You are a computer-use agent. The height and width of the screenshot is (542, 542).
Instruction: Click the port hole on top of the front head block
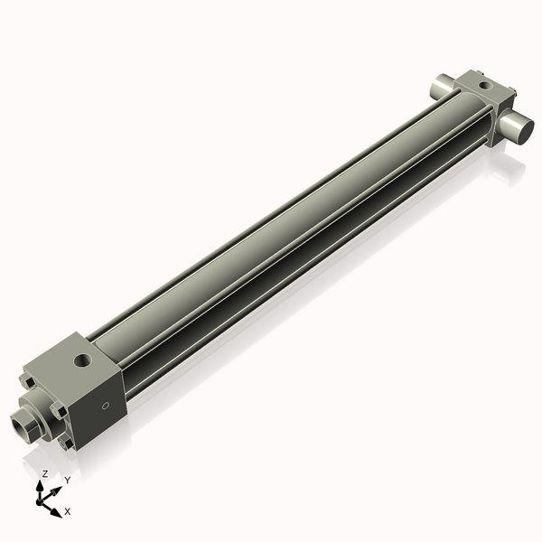click(83, 361)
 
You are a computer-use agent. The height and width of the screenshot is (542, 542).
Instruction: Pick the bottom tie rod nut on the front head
click(64, 444)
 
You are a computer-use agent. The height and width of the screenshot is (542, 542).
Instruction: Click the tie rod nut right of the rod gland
click(58, 411)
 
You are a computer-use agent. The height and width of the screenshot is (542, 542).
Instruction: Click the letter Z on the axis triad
click(44, 473)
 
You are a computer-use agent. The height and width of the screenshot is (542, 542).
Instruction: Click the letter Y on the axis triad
click(67, 480)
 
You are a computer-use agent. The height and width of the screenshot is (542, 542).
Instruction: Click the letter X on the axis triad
click(67, 511)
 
